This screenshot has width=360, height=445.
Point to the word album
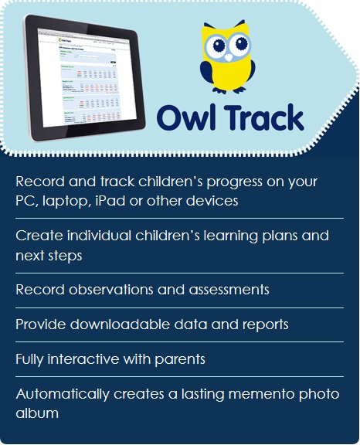(x=36, y=413)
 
